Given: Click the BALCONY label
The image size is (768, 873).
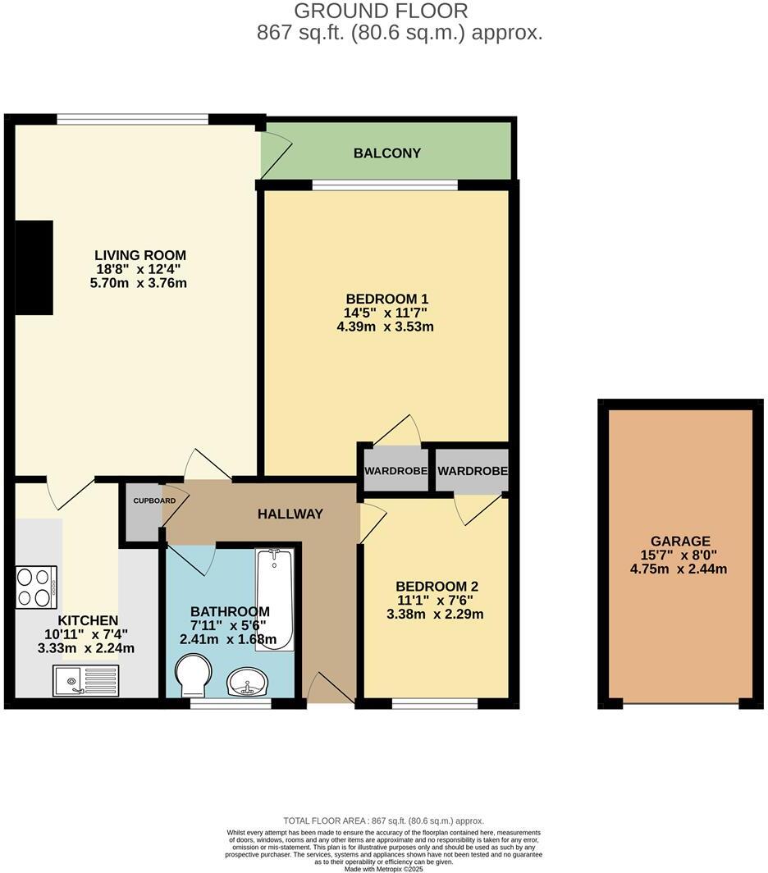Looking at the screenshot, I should tap(386, 153).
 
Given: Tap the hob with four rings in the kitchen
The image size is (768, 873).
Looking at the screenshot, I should tap(36, 587).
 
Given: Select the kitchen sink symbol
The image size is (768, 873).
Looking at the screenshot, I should tap(85, 680).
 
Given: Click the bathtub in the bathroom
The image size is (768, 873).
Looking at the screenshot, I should tap(274, 600).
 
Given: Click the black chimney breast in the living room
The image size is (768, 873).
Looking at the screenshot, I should tap(34, 267).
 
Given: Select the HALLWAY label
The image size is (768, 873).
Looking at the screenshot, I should tap(290, 514).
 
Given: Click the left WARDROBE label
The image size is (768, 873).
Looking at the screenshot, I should tap(396, 472).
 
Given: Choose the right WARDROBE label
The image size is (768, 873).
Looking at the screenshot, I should tap(473, 472).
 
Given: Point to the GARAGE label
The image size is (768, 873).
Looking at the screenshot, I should tap(680, 542).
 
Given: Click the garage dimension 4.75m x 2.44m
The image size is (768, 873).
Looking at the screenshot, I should tap(680, 569).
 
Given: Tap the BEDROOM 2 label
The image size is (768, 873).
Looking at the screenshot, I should tap(437, 587).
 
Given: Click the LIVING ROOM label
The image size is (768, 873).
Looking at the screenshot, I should tap(140, 255).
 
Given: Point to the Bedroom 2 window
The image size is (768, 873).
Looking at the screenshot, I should tap(435, 703).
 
